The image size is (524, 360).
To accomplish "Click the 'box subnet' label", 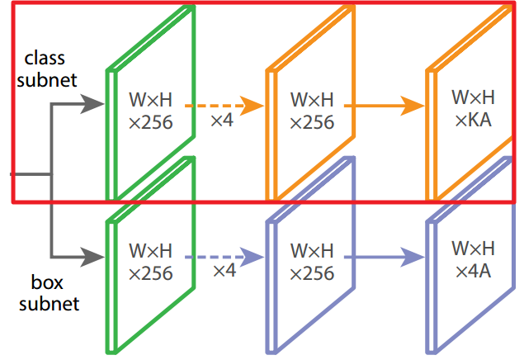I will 50,293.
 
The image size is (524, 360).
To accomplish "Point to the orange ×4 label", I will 221,121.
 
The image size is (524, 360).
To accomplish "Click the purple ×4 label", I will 224,270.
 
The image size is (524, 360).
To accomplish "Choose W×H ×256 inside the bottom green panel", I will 151,261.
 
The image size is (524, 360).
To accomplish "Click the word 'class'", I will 45,59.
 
